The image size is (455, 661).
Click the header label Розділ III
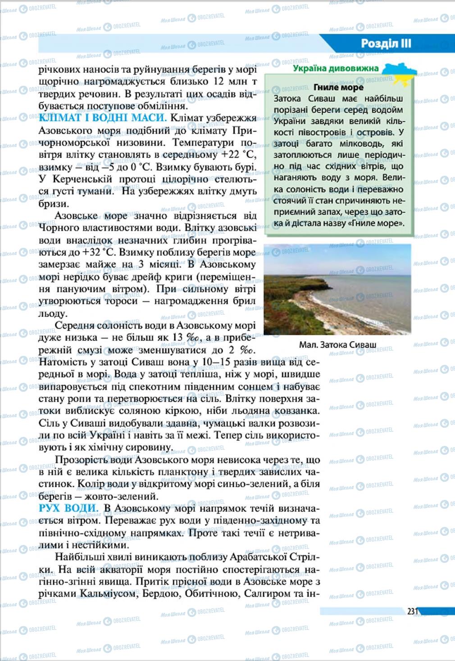click(x=386, y=43)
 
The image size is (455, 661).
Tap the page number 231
click(x=413, y=611)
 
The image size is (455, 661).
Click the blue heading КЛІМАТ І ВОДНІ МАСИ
click(x=103, y=118)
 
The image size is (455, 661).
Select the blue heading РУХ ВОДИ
click(x=69, y=508)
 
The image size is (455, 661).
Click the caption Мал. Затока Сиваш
click(x=337, y=345)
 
